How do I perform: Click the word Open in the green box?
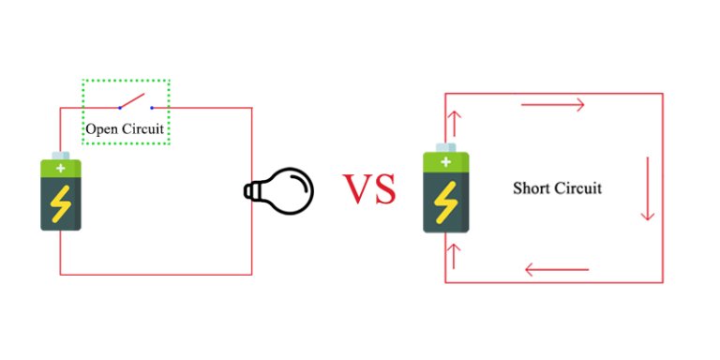point(101,127)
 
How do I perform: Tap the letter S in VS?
point(384,189)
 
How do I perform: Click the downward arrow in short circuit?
point(646,188)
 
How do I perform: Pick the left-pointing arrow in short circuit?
point(557,271)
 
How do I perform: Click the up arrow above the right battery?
point(457,123)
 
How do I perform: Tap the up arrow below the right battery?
point(457,256)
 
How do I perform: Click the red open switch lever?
point(133,101)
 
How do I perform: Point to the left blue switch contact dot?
point(119,108)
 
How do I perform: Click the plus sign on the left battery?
point(61,168)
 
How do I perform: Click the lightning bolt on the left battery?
point(61,203)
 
